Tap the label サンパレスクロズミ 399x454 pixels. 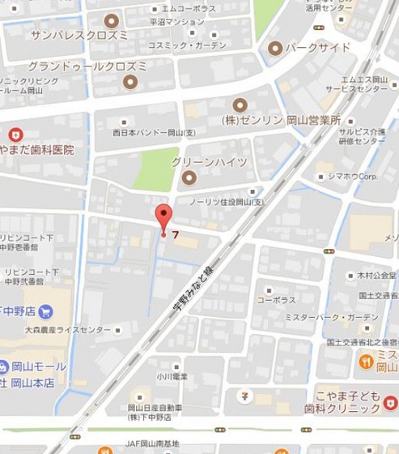(79, 36)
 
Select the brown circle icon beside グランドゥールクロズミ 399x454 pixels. (130, 81)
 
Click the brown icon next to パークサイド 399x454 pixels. (275, 48)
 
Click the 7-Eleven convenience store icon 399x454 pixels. (244, 396)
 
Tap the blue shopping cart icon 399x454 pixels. (45, 311)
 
